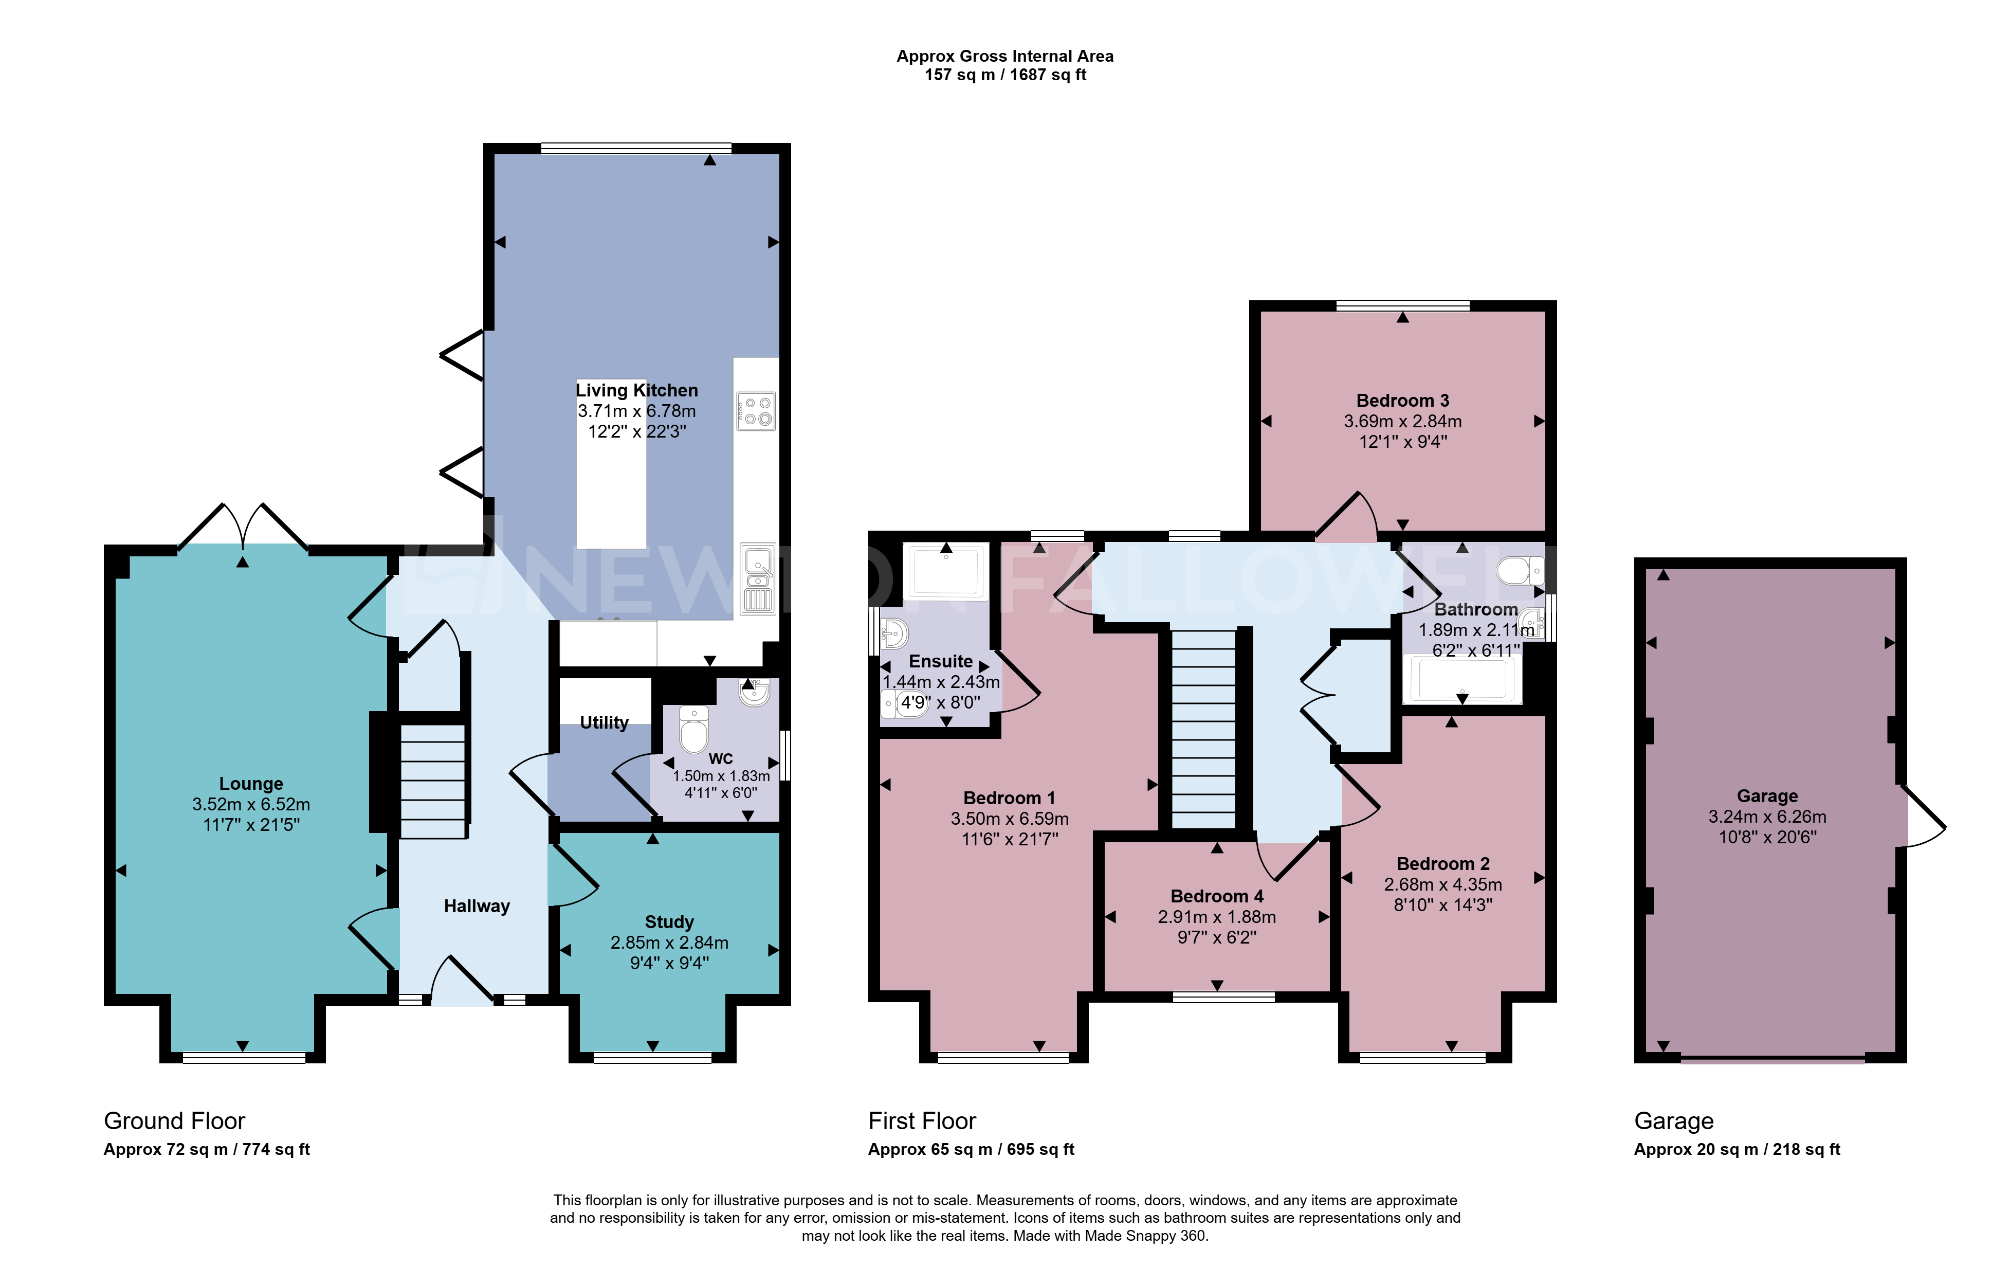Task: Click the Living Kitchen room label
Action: [636, 390]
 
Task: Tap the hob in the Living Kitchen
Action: [756, 411]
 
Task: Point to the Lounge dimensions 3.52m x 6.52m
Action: [251, 804]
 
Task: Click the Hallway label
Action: [477, 907]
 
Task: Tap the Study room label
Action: [669, 922]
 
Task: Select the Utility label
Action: [604, 722]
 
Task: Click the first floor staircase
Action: [1203, 729]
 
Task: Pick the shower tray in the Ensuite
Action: [946, 571]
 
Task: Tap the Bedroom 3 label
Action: [1403, 401]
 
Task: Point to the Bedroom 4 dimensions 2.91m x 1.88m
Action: [1217, 917]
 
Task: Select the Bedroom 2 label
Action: [1443, 864]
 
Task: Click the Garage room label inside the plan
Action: [1767, 796]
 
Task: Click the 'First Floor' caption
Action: [922, 1121]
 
